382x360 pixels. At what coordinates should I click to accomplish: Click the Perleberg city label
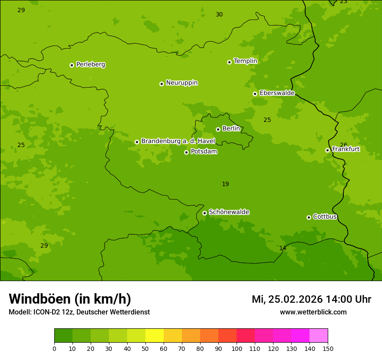(x=90, y=65)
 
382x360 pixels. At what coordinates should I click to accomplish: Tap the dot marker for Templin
(x=229, y=62)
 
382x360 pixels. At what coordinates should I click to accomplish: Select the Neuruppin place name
(x=181, y=83)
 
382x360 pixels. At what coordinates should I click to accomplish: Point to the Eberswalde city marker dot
(x=255, y=94)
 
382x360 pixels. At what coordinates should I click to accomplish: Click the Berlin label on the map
(x=231, y=129)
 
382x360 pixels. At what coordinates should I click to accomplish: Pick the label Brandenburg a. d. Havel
(x=178, y=141)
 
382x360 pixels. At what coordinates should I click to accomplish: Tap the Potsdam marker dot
(x=186, y=152)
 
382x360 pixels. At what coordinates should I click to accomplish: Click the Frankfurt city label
(x=346, y=149)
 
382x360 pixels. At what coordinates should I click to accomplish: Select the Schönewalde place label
(x=229, y=212)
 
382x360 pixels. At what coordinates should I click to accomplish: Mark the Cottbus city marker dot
(x=309, y=217)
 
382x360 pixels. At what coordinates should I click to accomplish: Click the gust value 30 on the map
(x=219, y=15)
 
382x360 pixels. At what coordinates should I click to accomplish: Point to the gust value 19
(x=225, y=184)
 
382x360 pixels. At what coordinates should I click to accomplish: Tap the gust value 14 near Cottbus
(x=283, y=248)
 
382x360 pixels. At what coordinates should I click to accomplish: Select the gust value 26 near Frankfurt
(x=343, y=145)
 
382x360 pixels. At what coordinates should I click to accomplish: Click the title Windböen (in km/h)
(x=70, y=299)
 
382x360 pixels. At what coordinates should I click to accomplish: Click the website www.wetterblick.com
(x=313, y=312)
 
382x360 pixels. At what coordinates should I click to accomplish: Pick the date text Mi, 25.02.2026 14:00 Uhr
(x=311, y=299)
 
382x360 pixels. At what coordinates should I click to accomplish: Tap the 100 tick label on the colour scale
(x=237, y=348)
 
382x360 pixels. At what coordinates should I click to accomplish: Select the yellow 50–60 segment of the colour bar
(x=155, y=336)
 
